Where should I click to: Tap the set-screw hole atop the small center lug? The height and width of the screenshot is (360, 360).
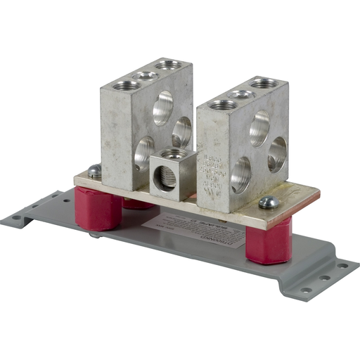tap(172, 153)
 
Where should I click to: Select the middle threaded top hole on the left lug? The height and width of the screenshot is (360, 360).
tap(147, 75)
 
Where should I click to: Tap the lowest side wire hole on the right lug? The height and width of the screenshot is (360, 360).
tap(240, 174)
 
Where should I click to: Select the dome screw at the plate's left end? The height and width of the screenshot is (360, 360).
tap(93, 170)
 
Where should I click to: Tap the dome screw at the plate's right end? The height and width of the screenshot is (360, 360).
tap(268, 202)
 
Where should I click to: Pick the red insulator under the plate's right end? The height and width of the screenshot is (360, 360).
tap(269, 239)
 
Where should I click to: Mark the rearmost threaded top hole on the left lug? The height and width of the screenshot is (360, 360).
tap(167, 65)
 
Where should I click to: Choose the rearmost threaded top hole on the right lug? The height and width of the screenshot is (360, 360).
tap(263, 84)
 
